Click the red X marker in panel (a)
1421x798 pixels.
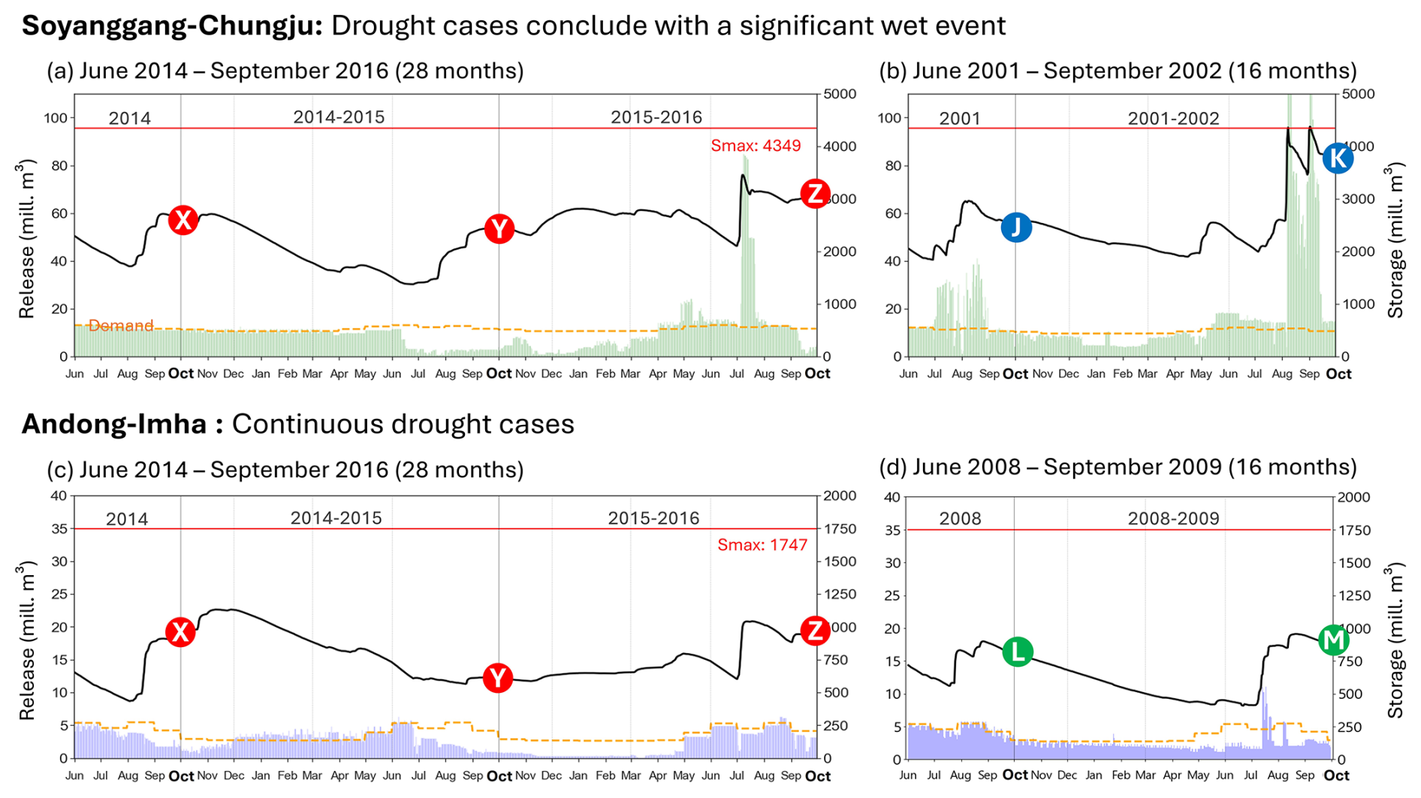click(x=183, y=220)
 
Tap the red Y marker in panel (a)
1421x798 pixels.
click(x=499, y=229)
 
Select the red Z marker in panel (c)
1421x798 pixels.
click(x=815, y=631)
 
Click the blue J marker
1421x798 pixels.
click(x=1016, y=227)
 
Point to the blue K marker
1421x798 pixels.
click(x=1338, y=158)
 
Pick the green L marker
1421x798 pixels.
click(x=1017, y=652)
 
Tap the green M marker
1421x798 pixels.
click(x=1334, y=640)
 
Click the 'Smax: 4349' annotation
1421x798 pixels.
click(x=756, y=146)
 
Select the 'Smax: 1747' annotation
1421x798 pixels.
click(x=762, y=545)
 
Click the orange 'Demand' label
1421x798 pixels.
click(x=121, y=325)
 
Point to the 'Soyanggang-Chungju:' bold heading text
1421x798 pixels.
click(x=172, y=26)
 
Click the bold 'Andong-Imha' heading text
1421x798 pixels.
click(x=113, y=424)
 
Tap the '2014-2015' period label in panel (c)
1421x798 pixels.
click(x=336, y=518)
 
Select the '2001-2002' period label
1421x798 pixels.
click(x=1173, y=119)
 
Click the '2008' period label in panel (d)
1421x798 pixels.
click(x=960, y=519)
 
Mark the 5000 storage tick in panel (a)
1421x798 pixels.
click(x=840, y=94)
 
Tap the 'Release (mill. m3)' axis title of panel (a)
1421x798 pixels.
click(x=27, y=239)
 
